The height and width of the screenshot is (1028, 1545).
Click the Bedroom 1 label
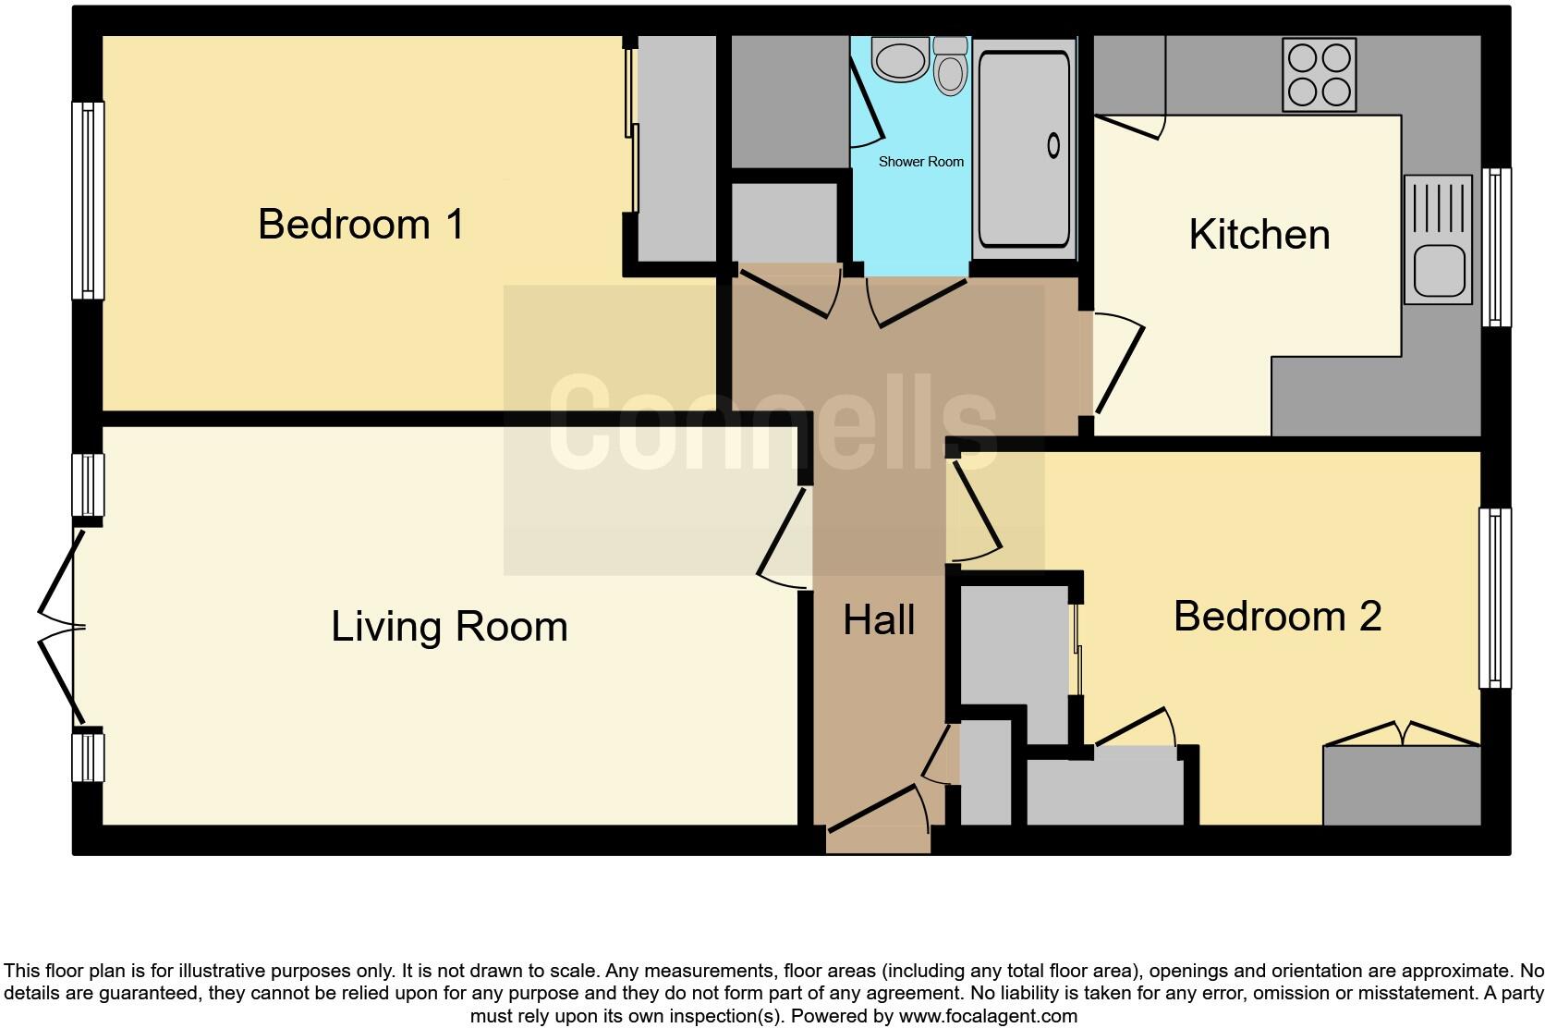pyautogui.click(x=360, y=225)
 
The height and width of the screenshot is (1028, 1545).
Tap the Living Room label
pyautogui.click(x=449, y=627)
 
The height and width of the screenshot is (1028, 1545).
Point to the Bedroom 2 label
pyautogui.click(x=1277, y=616)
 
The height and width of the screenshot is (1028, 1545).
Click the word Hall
pyautogui.click(x=879, y=619)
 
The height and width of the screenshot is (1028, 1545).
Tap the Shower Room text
pyautogui.click(x=920, y=162)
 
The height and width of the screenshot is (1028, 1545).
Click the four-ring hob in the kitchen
pyautogui.click(x=1319, y=75)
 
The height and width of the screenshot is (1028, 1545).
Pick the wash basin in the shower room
pyautogui.click(x=899, y=60)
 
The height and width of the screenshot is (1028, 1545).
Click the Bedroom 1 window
pyautogui.click(x=88, y=200)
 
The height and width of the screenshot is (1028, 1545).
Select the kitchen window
pyautogui.click(x=1496, y=247)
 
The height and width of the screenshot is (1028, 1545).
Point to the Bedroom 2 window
pyautogui.click(x=1494, y=598)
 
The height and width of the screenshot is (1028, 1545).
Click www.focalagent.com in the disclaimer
pyautogui.click(x=987, y=1016)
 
